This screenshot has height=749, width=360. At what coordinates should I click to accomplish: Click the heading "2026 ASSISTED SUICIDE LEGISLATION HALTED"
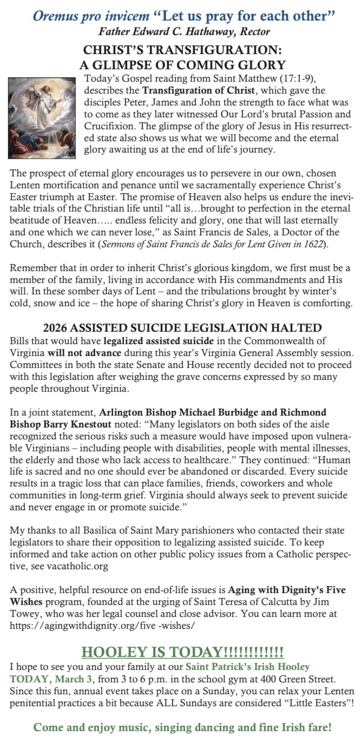pyautogui.click(x=182, y=328)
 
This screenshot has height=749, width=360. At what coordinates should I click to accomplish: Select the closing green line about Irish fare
pyautogui.click(x=182, y=727)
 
